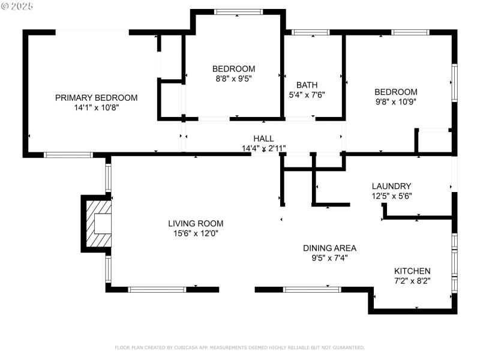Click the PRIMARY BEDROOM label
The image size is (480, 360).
(96, 98)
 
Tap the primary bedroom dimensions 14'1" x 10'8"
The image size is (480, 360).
(96, 108)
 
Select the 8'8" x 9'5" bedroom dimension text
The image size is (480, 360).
(233, 79)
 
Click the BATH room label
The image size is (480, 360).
(307, 85)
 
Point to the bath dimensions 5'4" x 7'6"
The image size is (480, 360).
(307, 95)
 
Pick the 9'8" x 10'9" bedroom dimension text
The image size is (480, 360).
(395, 101)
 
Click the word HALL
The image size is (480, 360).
(263, 138)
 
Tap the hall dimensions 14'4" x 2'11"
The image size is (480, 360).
(263, 148)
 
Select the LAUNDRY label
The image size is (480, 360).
(391, 186)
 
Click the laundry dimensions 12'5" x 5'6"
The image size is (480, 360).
(391, 196)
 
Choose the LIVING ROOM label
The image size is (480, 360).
(191, 223)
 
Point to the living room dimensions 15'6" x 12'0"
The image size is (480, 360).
(191, 233)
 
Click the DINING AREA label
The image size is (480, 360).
(329, 248)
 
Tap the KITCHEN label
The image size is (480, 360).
(412, 271)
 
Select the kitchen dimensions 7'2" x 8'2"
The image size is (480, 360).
(412, 280)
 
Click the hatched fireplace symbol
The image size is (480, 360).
(98, 224)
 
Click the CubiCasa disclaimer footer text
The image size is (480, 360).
(239, 347)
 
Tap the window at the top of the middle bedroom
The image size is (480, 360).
(238, 11)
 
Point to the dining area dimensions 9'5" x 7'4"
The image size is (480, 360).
(329, 258)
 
